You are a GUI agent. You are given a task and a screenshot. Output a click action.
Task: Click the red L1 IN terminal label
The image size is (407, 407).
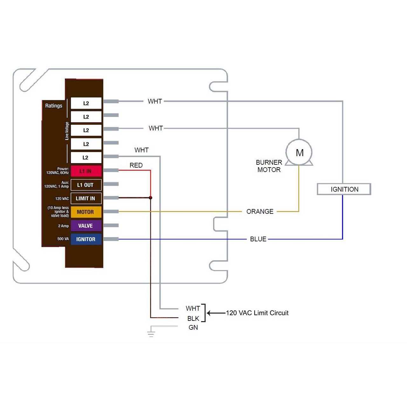pos(86,171)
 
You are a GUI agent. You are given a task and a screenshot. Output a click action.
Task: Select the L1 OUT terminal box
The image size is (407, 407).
pos(86,185)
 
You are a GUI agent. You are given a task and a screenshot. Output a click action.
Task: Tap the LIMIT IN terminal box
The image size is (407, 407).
pos(86,198)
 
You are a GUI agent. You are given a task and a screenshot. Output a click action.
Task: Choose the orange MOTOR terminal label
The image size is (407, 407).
pos(86,212)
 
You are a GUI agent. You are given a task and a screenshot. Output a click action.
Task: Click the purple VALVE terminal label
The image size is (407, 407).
pos(86,226)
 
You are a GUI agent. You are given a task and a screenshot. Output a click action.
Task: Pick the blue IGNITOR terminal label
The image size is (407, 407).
pos(86,239)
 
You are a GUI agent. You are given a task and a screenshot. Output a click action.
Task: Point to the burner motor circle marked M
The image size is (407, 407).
pos(299,153)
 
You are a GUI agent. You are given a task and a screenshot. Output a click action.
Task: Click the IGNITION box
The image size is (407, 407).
pos(344,189)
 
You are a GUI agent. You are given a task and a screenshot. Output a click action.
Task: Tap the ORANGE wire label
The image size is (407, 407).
pos(260,211)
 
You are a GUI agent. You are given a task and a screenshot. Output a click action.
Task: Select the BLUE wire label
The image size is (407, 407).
pos(258,239)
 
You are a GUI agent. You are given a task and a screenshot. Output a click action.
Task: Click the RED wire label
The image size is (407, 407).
pos(136,165)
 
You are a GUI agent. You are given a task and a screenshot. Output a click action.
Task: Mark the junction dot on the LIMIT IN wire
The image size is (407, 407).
pos(150,198)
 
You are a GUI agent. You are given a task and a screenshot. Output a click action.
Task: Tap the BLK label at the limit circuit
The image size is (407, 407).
pos(193,319)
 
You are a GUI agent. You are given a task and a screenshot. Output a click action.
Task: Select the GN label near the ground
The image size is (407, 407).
pos(193,328)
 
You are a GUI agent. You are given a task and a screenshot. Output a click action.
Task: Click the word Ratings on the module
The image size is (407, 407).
pos(54,106)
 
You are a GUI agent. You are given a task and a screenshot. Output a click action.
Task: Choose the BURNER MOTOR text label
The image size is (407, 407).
pos(269,166)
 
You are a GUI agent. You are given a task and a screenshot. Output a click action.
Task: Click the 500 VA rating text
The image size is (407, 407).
pos(63,239)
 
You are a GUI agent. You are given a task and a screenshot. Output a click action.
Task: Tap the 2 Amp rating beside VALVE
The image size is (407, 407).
pos(63,226)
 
